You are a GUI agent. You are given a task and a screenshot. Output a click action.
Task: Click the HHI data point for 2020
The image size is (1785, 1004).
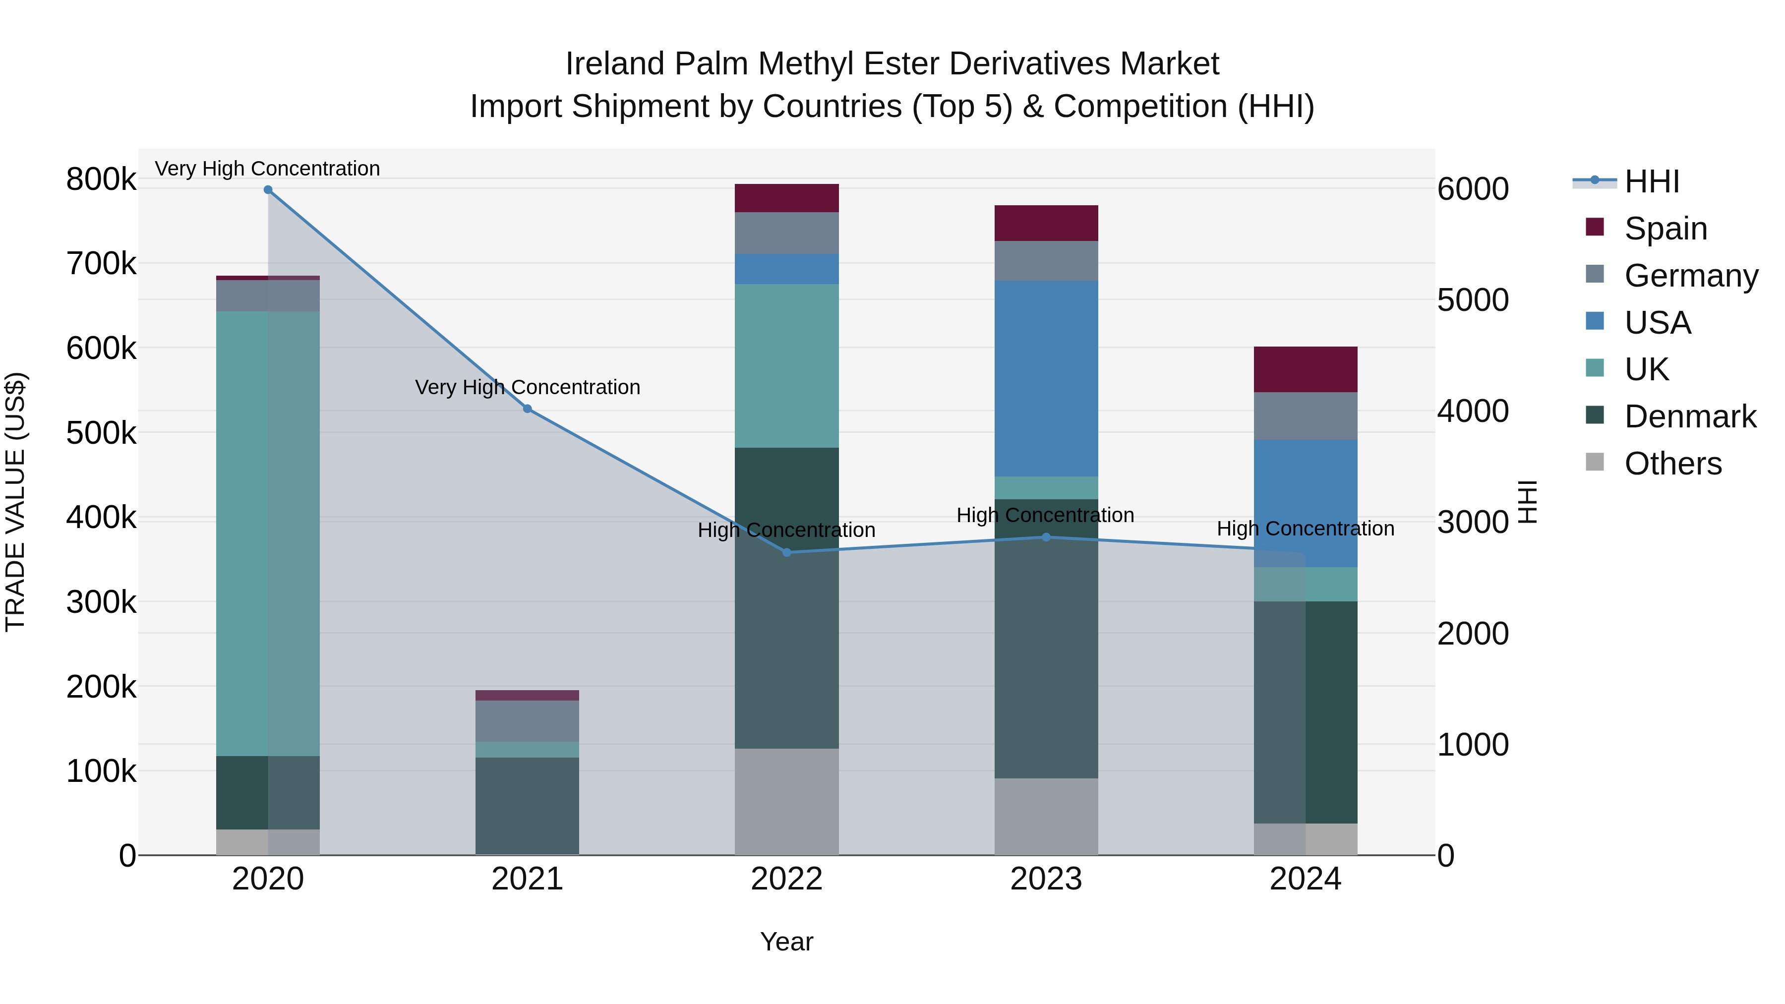(x=268, y=190)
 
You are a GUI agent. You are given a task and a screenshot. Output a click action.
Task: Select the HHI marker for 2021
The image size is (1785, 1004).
(x=528, y=409)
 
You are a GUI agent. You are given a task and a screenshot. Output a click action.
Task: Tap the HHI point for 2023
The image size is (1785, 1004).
(x=1046, y=537)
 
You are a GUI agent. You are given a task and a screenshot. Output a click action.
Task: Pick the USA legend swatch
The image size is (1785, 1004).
(x=1595, y=321)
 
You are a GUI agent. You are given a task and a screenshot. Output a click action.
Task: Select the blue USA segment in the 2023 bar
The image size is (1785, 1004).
(x=1046, y=378)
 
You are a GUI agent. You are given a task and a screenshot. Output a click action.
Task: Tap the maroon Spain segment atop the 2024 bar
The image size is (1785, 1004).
(x=1306, y=369)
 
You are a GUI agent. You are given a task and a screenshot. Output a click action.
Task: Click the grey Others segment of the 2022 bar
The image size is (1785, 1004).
(x=786, y=801)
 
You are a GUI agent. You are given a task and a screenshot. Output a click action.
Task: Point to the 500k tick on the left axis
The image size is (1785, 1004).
(x=101, y=433)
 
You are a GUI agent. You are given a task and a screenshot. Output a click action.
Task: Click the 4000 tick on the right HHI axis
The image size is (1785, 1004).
(x=1473, y=411)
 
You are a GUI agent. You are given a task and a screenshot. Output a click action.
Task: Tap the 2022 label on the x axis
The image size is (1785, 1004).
(x=786, y=879)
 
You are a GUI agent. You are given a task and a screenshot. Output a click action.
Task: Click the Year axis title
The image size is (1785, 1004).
(x=786, y=942)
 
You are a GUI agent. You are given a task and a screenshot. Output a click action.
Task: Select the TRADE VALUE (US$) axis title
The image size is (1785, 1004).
(x=15, y=502)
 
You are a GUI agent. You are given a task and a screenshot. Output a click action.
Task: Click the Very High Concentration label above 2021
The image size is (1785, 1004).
(x=528, y=387)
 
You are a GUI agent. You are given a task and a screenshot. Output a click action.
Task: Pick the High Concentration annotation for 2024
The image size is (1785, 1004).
(x=1306, y=528)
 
